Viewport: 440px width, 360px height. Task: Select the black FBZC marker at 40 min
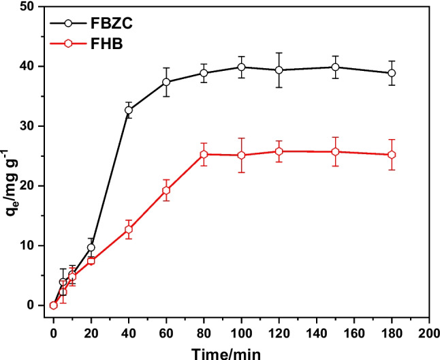tap(129, 110)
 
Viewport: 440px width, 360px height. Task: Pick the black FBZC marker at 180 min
tap(391, 73)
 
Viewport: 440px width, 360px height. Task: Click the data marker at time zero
tap(53, 305)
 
